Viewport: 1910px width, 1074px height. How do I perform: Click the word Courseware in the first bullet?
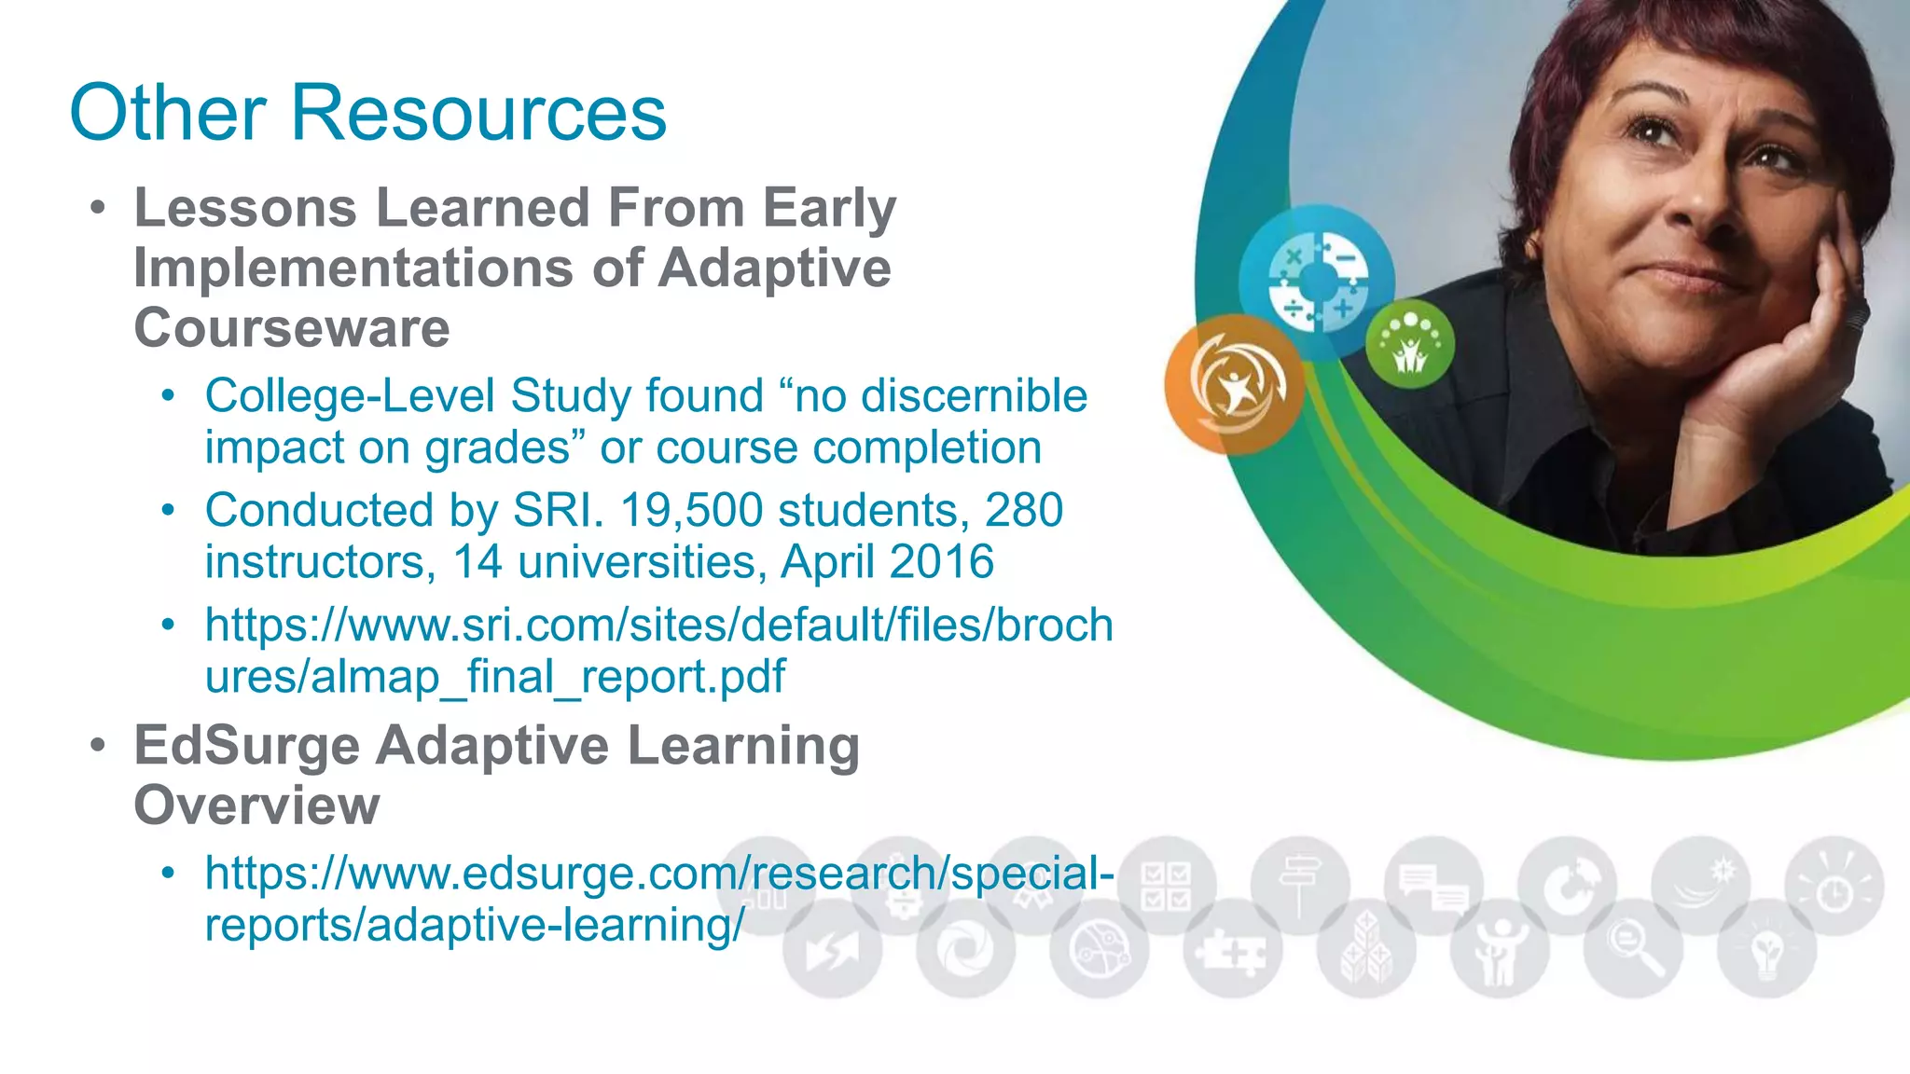[x=292, y=328]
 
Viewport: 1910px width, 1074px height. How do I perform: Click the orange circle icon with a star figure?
[x=1236, y=384]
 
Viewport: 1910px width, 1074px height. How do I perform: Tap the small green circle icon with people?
[x=1409, y=344]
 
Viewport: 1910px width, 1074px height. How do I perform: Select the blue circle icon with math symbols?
[x=1317, y=282]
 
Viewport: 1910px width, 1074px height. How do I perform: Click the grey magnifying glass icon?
[x=1633, y=947]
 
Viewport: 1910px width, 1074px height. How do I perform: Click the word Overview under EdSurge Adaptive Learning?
[x=256, y=805]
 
